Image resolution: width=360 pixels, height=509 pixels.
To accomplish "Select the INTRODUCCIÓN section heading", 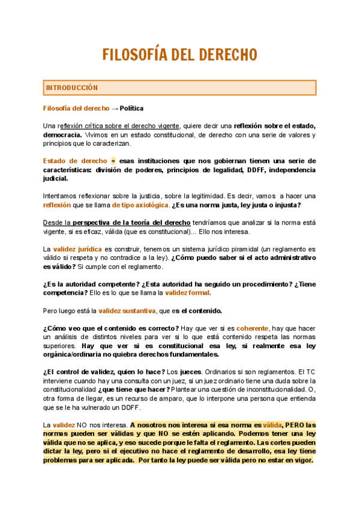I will click(x=71, y=88).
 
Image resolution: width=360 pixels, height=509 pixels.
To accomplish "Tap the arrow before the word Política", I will click(x=115, y=109).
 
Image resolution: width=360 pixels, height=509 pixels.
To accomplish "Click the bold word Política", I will click(x=131, y=109).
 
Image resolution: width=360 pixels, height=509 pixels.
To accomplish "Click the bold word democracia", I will click(x=62, y=135).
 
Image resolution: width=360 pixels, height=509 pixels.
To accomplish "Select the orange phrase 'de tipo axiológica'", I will click(x=139, y=205).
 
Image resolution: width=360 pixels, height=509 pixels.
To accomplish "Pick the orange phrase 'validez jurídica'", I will click(x=77, y=248).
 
